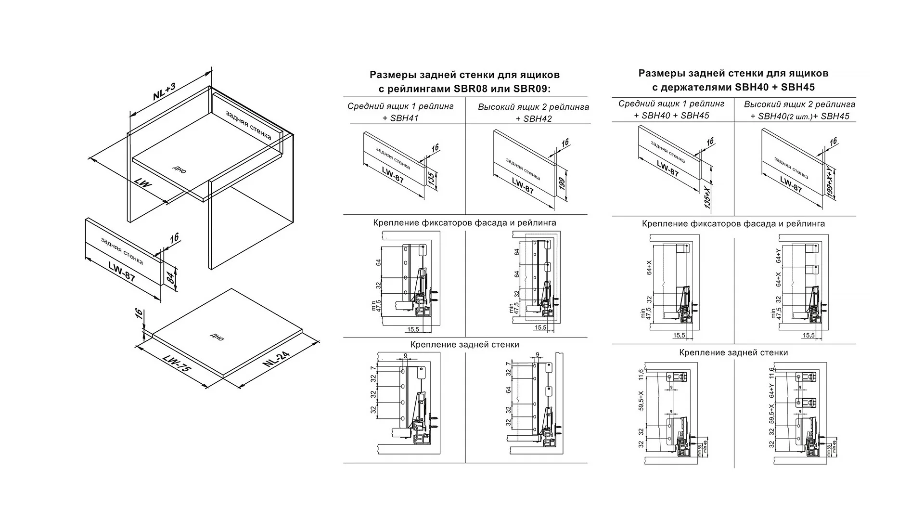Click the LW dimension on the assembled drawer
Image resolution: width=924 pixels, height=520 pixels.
coord(143,183)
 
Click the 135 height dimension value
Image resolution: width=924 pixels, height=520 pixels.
coord(432,179)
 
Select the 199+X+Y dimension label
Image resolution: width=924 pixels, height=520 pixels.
coord(830,182)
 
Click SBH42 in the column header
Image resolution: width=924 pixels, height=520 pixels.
coord(538,118)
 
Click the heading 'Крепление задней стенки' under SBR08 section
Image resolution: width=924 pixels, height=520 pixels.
coord(464,345)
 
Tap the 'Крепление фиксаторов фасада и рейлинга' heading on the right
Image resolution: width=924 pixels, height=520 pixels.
coord(733,224)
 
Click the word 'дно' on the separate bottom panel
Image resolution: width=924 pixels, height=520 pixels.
coord(217,337)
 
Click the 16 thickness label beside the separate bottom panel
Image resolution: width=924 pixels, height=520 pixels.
coord(139,314)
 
